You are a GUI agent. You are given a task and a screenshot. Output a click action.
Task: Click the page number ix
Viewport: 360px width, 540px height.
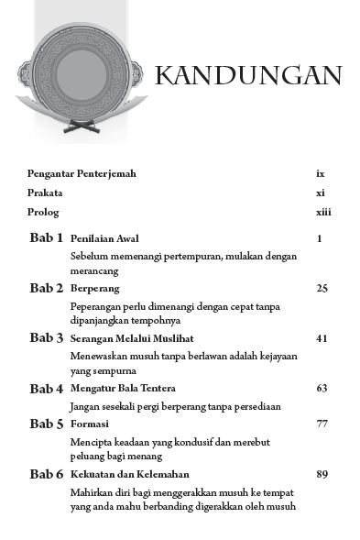(321, 173)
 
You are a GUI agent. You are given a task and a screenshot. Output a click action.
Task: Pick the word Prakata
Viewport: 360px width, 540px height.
(45, 193)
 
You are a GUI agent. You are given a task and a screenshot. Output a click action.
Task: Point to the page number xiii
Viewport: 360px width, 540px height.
(322, 213)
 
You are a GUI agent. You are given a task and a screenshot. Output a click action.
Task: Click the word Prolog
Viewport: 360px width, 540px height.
(43, 213)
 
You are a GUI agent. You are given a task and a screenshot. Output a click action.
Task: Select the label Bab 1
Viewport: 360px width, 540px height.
(46, 238)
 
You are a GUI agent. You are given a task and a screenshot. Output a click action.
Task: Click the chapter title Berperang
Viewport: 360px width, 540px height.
(94, 288)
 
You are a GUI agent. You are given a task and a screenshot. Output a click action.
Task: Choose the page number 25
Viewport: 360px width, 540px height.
(322, 288)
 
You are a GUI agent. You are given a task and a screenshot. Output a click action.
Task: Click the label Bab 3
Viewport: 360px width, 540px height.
(46, 338)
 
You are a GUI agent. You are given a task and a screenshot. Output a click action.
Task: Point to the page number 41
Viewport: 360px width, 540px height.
(322, 338)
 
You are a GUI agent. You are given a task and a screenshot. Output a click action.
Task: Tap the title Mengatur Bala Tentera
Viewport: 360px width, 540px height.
(118, 389)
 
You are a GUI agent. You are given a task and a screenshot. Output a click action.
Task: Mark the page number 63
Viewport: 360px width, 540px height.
(322, 389)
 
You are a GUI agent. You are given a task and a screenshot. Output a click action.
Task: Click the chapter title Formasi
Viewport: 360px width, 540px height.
(90, 424)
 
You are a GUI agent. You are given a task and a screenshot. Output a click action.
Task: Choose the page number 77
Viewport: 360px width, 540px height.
(322, 424)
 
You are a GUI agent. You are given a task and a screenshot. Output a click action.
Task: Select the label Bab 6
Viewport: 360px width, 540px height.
(46, 475)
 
